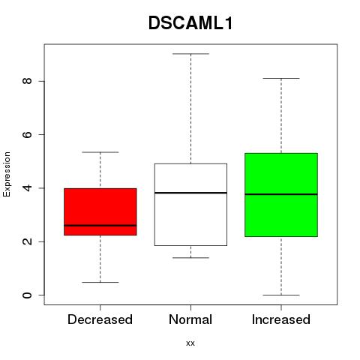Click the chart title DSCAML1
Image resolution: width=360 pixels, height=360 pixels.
click(x=190, y=23)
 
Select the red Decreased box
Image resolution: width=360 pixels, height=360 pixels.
click(x=100, y=211)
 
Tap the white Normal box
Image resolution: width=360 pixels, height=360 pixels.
click(x=190, y=205)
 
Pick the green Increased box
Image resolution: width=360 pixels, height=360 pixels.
click(x=281, y=195)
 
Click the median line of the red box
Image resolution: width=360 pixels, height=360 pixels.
click(x=100, y=226)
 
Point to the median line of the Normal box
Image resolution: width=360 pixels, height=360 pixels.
click(x=190, y=193)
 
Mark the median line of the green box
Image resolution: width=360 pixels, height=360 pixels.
click(x=281, y=194)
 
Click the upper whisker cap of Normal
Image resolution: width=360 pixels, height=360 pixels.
click(x=190, y=54)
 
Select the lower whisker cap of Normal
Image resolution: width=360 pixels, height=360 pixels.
click(x=190, y=258)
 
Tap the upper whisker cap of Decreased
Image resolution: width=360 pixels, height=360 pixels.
click(x=100, y=152)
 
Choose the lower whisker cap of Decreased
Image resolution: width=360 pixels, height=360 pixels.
click(x=100, y=282)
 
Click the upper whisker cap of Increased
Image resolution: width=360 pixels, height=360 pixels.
click(x=281, y=78)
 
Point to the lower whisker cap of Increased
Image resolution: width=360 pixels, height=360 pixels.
click(x=281, y=295)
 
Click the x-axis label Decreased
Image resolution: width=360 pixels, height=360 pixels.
click(x=100, y=319)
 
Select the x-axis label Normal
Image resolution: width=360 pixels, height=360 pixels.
click(x=190, y=319)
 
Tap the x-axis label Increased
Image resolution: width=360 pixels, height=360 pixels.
click(x=281, y=319)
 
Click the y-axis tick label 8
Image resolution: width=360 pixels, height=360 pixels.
click(x=28, y=81)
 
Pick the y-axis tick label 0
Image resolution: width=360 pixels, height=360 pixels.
click(x=28, y=295)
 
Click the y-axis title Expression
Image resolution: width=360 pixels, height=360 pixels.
click(x=7, y=174)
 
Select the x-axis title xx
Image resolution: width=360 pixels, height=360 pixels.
click(x=190, y=343)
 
